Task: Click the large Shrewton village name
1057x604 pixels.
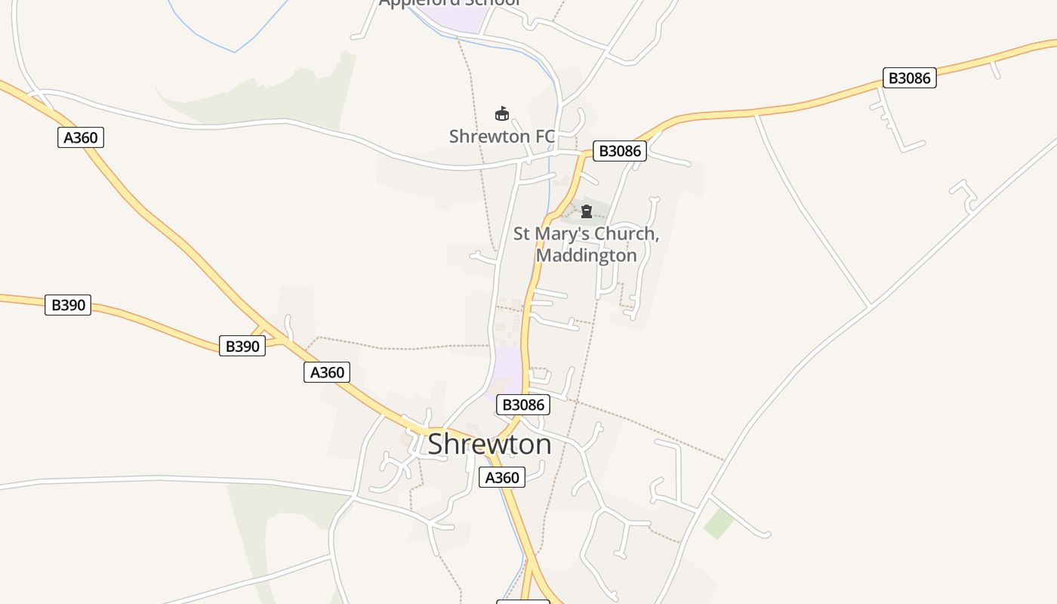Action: click(x=489, y=444)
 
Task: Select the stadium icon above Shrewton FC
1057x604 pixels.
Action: click(x=501, y=114)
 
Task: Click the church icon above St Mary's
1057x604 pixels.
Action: click(x=587, y=211)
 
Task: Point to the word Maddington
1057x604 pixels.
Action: click(x=587, y=255)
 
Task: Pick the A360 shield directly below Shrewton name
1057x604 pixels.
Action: click(x=501, y=477)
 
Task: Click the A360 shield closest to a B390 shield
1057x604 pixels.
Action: click(x=327, y=372)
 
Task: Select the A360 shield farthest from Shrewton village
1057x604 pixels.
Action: click(x=80, y=137)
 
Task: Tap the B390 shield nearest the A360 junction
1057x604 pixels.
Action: click(x=242, y=347)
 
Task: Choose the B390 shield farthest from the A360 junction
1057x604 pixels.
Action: click(x=68, y=305)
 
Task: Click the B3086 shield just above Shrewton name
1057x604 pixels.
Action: click(x=523, y=405)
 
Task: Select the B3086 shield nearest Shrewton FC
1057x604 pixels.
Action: click(x=619, y=151)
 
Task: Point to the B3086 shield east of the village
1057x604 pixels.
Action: click(x=909, y=78)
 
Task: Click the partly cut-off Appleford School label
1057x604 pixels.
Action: click(x=450, y=3)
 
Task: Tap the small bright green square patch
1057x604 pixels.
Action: click(x=719, y=523)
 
